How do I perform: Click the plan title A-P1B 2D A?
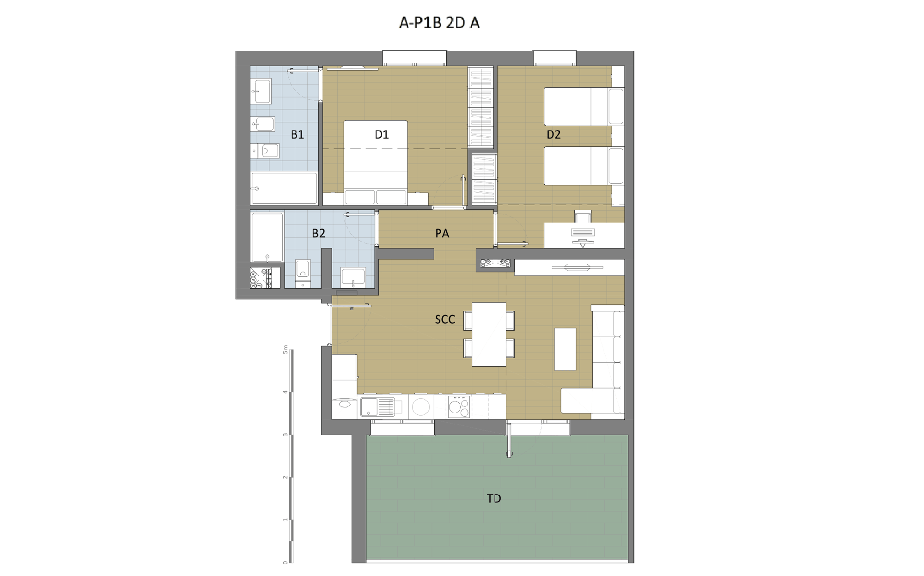(x=439, y=22)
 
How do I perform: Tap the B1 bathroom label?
(x=297, y=134)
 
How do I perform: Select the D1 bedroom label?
(x=382, y=134)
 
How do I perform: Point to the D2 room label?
(x=553, y=134)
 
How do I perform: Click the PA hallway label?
(x=442, y=233)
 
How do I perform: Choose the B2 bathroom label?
(x=318, y=233)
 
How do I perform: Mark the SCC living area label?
(x=445, y=319)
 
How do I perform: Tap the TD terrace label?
(x=494, y=498)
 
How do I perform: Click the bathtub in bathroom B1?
(x=284, y=188)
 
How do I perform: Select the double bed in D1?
(x=376, y=162)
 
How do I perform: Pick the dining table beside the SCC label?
(x=489, y=334)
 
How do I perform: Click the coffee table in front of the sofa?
(x=565, y=349)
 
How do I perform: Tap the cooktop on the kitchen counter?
(x=459, y=407)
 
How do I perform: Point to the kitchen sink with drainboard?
(x=377, y=407)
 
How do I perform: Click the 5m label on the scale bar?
(x=286, y=349)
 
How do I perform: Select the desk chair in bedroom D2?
(x=583, y=216)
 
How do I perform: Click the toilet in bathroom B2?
(x=303, y=273)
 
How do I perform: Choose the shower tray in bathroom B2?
(x=267, y=237)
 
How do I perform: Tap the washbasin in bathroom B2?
(x=353, y=277)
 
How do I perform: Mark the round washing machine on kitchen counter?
(x=421, y=407)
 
